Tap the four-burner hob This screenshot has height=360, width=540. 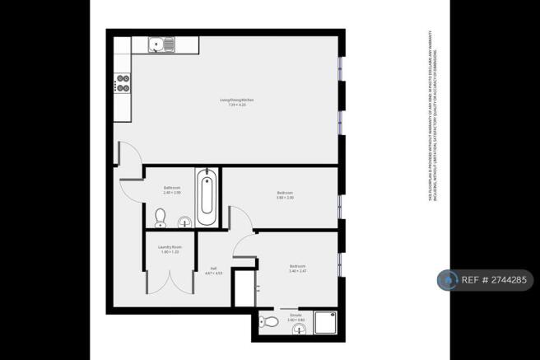pos(123,82)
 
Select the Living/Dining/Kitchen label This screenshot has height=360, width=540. pos(231,102)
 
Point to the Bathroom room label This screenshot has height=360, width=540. pos(171,190)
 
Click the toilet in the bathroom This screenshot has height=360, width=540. pos(161,217)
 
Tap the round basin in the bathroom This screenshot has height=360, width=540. pos(184,220)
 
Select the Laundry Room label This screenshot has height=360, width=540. pos(170,250)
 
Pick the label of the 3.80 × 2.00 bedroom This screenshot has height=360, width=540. pos(285,195)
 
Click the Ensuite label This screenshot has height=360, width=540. pos(296,316)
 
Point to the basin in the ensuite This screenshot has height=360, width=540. pos(298,330)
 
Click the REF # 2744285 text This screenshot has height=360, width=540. pos(495,281)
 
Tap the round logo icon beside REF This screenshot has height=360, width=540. pos(448,281)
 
